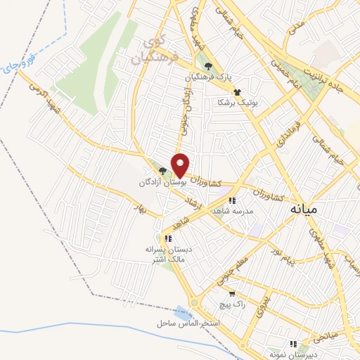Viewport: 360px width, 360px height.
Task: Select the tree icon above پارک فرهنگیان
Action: [x=208, y=67]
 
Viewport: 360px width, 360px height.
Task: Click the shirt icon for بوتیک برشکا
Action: [x=237, y=91]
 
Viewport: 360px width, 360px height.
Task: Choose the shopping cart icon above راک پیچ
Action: [x=231, y=294]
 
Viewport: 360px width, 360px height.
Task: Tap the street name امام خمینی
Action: [x=302, y=87]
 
